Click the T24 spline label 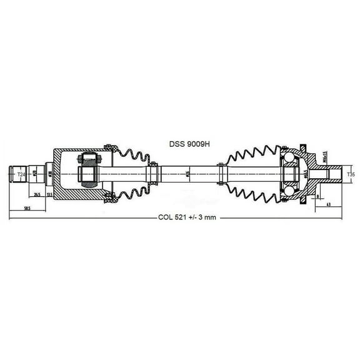coord(21,174)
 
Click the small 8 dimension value coord(317,196)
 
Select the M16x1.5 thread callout coord(325,156)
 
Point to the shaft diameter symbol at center coord(188,174)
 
